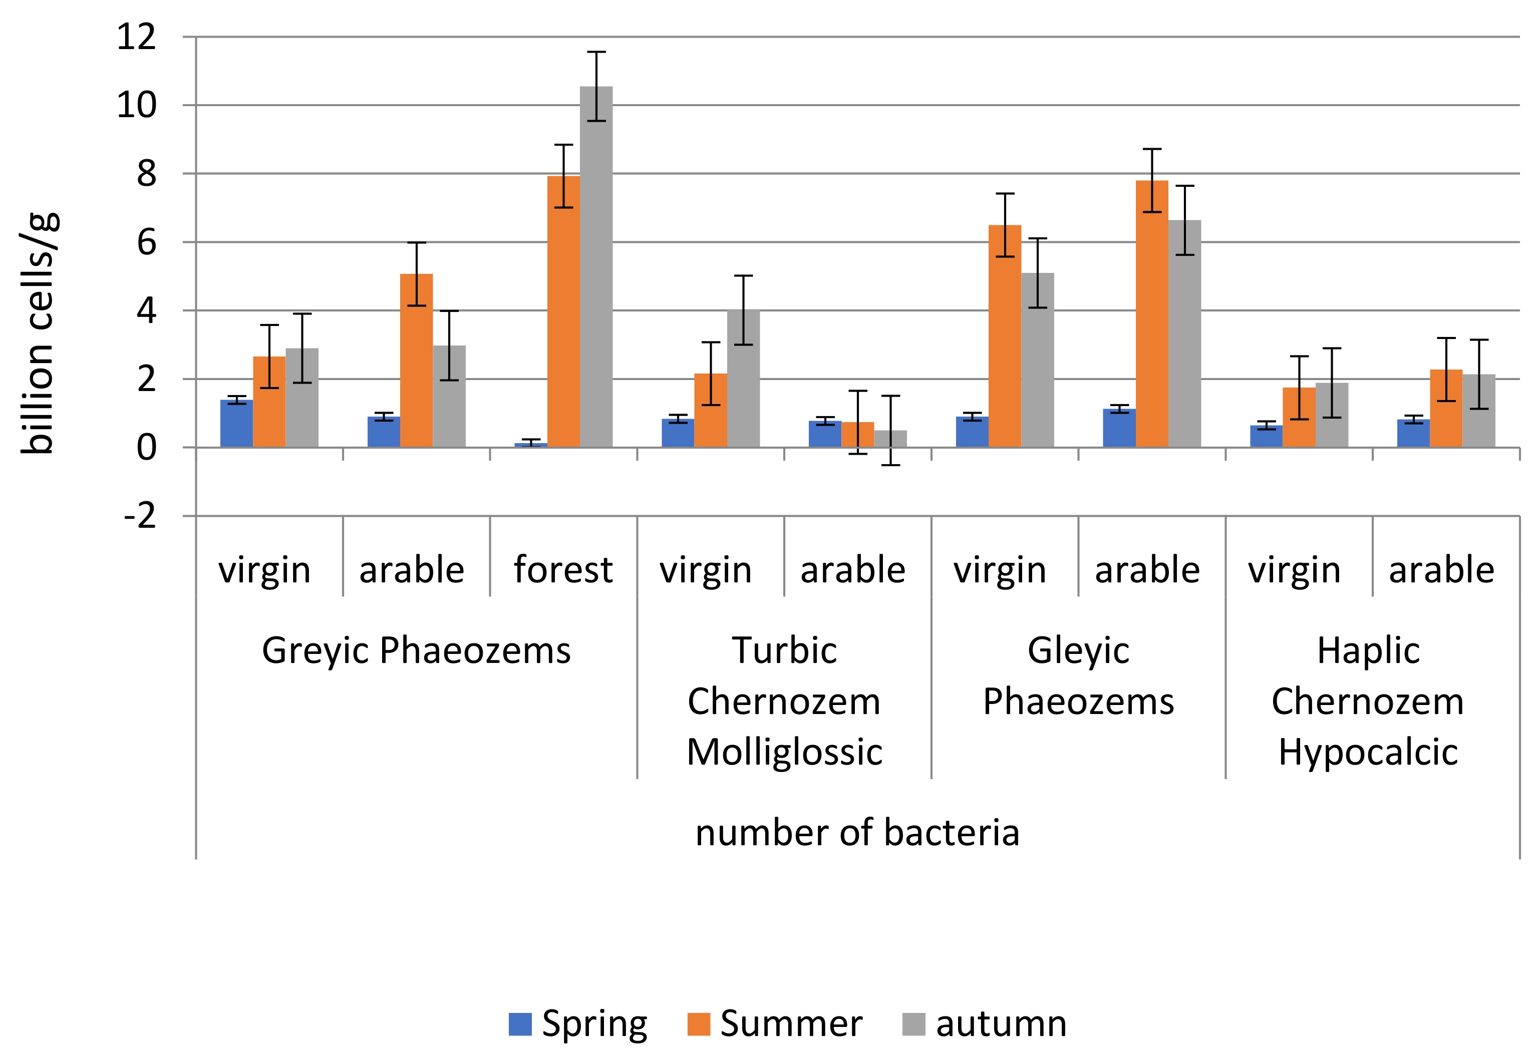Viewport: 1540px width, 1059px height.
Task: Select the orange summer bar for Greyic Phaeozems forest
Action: coord(563,312)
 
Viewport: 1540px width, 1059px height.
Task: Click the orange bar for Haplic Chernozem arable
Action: coord(1446,408)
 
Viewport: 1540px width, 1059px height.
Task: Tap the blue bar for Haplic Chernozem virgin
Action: coord(1266,436)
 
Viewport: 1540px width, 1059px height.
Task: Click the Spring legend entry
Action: coord(578,1023)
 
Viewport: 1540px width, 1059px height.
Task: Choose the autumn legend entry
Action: coord(985,1023)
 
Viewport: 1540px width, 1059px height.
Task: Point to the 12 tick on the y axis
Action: coord(137,37)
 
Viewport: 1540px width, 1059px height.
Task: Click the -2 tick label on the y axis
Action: coord(140,516)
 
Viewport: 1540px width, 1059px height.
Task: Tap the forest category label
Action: coord(562,569)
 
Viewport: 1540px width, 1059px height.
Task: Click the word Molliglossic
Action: coord(784,752)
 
